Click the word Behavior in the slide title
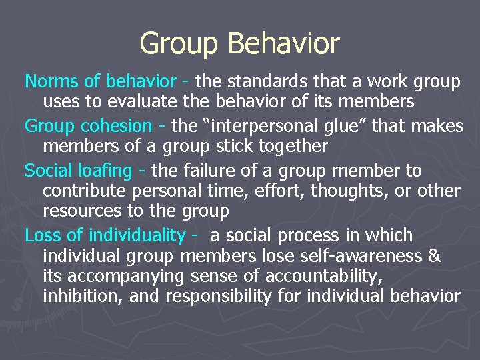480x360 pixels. click(284, 44)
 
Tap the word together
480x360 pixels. click(287, 146)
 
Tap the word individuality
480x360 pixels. click(137, 235)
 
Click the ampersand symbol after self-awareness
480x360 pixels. click(435, 256)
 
